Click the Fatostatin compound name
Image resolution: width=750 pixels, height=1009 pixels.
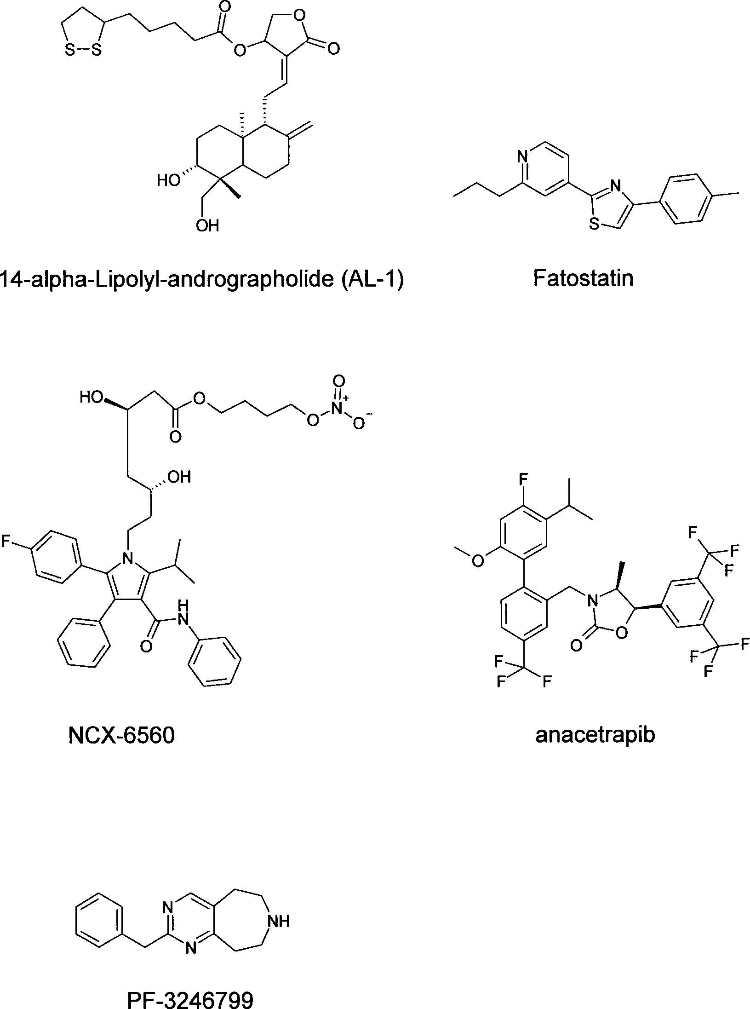tap(583, 279)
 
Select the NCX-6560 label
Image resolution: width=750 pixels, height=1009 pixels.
tap(121, 736)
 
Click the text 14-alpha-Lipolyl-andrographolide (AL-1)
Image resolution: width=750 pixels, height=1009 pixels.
tap(202, 280)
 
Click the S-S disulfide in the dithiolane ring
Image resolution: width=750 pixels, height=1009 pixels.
tap(83, 51)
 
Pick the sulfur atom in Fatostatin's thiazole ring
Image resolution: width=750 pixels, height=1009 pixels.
tap(594, 226)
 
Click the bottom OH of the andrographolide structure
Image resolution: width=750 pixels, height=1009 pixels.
tap(207, 225)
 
